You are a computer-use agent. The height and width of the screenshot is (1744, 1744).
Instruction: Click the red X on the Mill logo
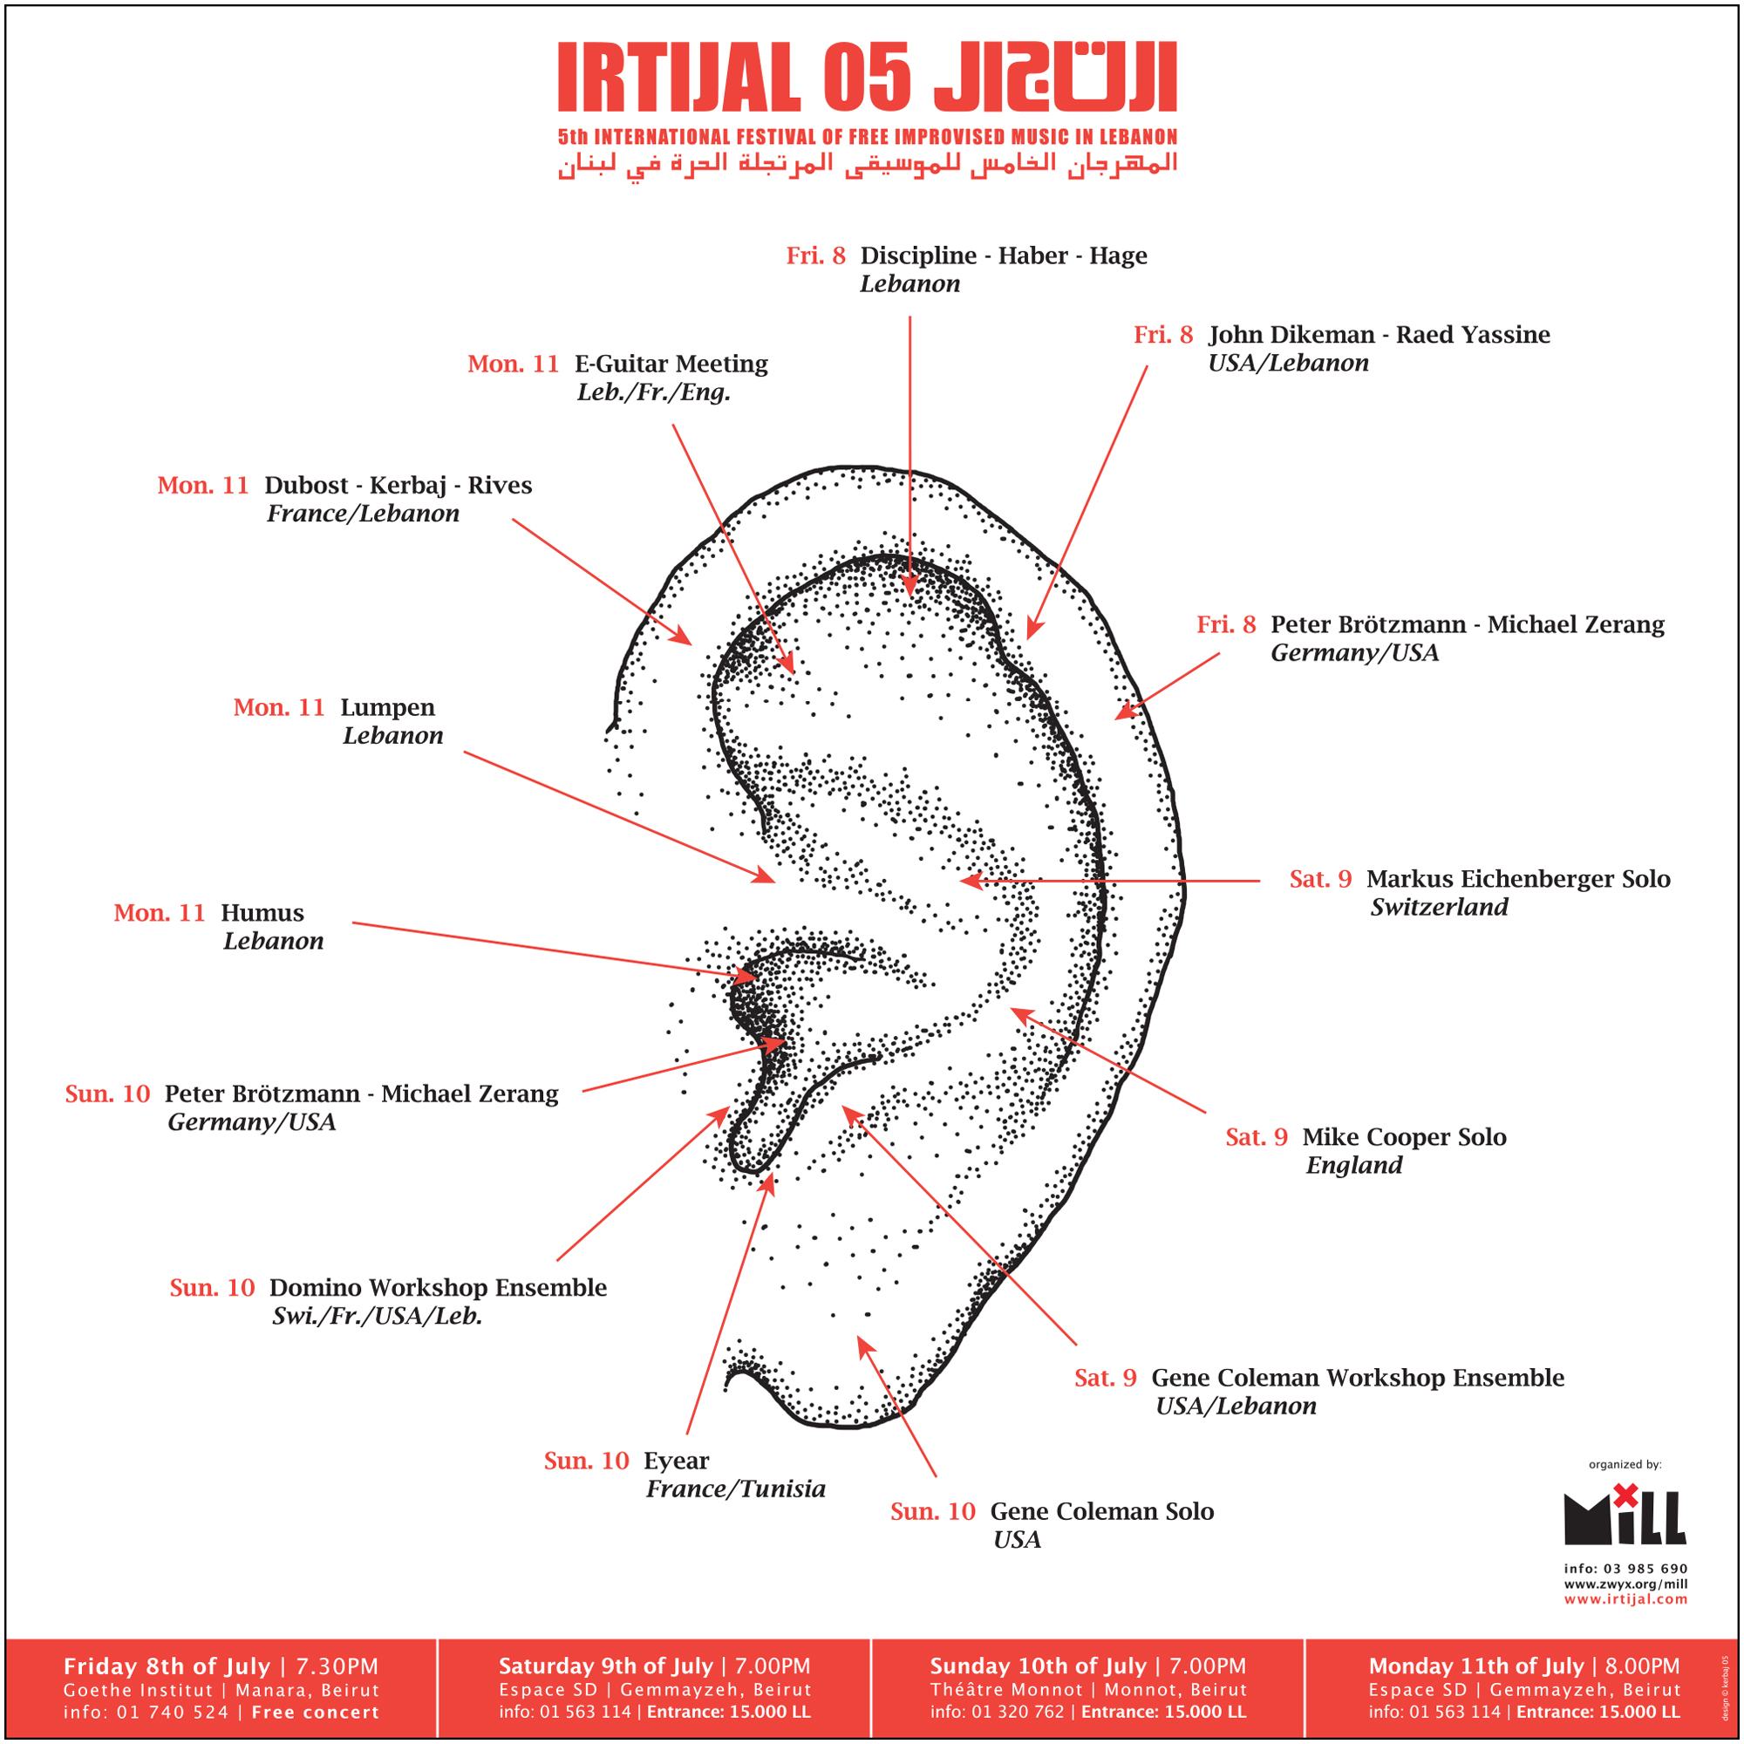[x=1625, y=1495]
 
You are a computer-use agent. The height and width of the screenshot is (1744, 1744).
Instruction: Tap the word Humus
[x=262, y=913]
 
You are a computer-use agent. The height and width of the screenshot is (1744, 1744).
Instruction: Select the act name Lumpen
[x=387, y=707]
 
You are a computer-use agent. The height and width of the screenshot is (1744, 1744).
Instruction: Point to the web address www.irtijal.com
[x=1625, y=1598]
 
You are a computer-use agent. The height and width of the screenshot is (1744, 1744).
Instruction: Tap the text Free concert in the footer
[x=315, y=1713]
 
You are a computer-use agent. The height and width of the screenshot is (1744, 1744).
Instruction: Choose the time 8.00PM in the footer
[x=1642, y=1666]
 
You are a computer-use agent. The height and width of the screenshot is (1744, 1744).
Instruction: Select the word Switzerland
[x=1439, y=907]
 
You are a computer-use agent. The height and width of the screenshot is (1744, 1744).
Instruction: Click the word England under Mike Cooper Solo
[x=1354, y=1165]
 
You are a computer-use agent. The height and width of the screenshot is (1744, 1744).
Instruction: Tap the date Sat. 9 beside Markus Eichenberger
[x=1320, y=879]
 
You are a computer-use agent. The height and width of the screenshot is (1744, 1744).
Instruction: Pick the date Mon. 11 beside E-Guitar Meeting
[x=513, y=364]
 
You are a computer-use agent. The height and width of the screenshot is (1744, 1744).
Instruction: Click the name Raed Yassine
[x=1473, y=335]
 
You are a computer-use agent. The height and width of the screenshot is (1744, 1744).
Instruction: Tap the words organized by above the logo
[x=1625, y=1464]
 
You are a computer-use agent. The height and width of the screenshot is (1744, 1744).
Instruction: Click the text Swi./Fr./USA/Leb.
[x=378, y=1316]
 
